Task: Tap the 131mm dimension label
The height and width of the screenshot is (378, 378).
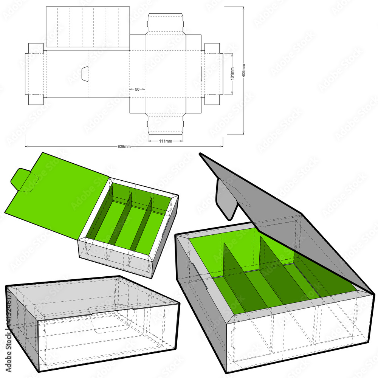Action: pos(232,73)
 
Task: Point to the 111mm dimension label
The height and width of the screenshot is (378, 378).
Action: pos(165,141)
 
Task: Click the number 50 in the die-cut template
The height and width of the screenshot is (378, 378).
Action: pos(137,89)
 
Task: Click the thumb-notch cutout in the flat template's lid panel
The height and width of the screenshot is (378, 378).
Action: pos(85,73)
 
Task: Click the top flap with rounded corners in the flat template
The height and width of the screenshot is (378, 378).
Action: pos(165,24)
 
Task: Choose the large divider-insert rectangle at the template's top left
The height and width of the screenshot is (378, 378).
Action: pos(88,27)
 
